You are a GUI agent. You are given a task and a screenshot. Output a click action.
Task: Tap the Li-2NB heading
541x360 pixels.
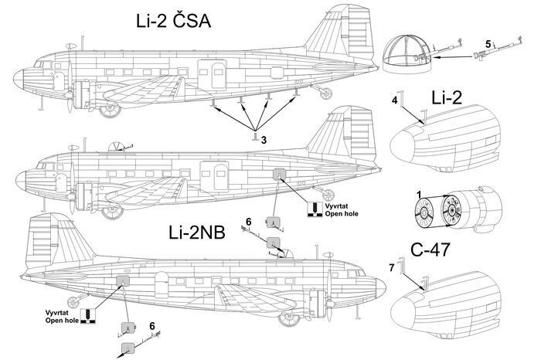(197, 233)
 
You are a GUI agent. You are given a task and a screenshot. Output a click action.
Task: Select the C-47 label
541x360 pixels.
(430, 250)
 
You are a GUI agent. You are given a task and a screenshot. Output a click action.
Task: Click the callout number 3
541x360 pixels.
(264, 140)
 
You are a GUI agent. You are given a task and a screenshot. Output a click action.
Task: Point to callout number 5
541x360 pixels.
(488, 44)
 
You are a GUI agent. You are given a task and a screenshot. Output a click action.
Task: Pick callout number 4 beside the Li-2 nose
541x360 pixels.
(395, 100)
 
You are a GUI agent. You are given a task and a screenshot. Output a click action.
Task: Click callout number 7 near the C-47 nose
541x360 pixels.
(391, 267)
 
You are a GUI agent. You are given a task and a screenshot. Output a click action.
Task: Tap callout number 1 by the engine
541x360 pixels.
(419, 195)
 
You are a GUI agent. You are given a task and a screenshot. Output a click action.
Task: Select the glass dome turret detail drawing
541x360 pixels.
(407, 54)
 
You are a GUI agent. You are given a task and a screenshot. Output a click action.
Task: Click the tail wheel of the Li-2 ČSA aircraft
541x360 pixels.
(325, 93)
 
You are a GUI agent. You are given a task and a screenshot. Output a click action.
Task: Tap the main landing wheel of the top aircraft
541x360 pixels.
(110, 109)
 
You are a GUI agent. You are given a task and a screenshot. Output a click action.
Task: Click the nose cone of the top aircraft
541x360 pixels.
(19, 79)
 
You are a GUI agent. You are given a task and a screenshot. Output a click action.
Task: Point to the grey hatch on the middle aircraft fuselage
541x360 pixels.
(279, 174)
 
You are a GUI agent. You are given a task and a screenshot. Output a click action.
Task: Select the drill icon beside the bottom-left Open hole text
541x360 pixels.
(87, 316)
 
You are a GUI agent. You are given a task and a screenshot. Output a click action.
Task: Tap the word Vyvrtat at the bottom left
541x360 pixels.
(56, 313)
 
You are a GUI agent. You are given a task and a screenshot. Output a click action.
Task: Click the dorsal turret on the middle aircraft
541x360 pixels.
(117, 147)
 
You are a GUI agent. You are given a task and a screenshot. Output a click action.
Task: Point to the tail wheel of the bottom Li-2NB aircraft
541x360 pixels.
(73, 302)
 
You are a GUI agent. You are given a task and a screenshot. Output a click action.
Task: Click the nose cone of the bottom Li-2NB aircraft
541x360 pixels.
(380, 287)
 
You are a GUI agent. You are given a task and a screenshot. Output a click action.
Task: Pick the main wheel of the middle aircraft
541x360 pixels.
(112, 212)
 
